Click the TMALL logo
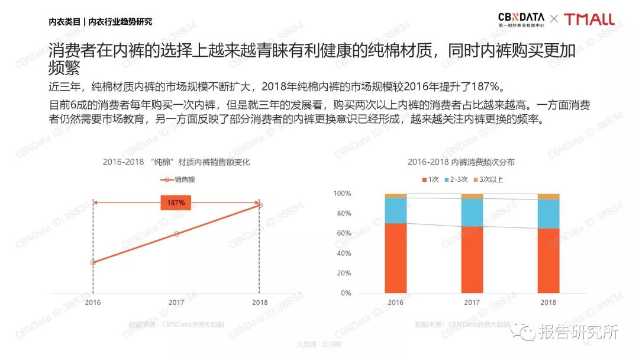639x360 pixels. (x=589, y=20)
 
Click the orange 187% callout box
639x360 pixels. (x=176, y=202)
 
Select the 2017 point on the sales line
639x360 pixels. (x=176, y=234)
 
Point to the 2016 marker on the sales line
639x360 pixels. (x=93, y=262)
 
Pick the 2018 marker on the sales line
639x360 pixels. (x=259, y=205)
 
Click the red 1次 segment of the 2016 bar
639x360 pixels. (x=395, y=258)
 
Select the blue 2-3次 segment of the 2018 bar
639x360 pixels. (x=548, y=214)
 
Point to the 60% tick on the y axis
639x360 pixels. (x=343, y=233)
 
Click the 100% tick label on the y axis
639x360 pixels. (x=342, y=194)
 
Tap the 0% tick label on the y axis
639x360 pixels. (x=345, y=293)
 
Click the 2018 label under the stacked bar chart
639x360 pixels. (x=548, y=303)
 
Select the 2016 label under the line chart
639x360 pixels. (x=93, y=303)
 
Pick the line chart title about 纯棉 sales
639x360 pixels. (x=176, y=162)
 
